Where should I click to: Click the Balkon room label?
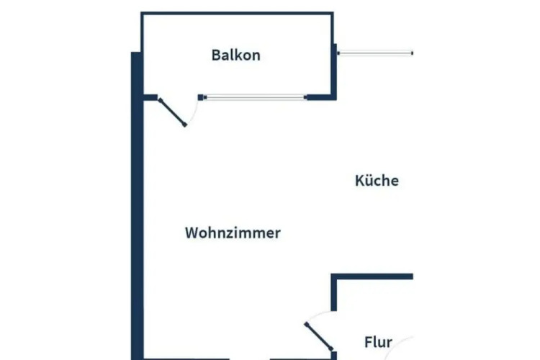click(x=236, y=55)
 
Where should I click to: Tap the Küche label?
click(x=377, y=181)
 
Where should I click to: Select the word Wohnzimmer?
click(x=233, y=233)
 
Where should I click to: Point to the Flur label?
click(x=378, y=342)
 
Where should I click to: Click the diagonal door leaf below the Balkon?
click(x=173, y=112)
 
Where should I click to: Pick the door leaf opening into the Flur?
click(x=319, y=337)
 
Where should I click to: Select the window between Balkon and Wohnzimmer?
click(x=255, y=97)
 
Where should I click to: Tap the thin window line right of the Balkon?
click(x=375, y=53)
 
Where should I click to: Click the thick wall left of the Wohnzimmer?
click(x=137, y=206)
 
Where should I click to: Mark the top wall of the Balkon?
click(x=237, y=14)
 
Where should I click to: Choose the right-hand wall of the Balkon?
click(x=333, y=56)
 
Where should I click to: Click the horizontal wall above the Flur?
click(x=372, y=276)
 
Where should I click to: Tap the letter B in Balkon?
click(x=216, y=55)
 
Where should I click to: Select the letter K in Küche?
click(x=359, y=181)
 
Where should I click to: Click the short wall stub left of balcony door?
click(x=150, y=97)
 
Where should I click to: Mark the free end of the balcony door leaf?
click(x=185, y=125)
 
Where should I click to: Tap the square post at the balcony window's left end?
click(x=200, y=97)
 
